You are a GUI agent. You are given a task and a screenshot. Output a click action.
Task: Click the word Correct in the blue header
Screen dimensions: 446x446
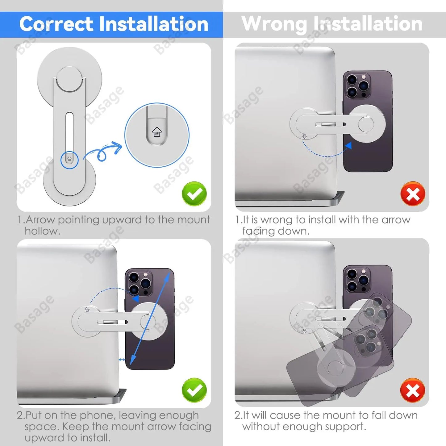tap(56, 24)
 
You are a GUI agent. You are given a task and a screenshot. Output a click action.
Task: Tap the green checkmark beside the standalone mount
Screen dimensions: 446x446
tap(194, 194)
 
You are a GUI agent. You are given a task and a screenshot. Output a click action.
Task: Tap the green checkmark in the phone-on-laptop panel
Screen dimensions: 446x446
tap(194, 390)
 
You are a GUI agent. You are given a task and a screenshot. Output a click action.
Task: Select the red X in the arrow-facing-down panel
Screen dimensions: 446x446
tap(413, 194)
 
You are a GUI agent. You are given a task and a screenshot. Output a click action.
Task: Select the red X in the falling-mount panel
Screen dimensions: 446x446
tap(413, 390)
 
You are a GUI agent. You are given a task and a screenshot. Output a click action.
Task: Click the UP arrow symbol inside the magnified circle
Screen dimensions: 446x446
tap(157, 132)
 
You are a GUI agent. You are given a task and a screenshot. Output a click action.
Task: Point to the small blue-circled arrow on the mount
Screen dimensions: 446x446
tap(69, 159)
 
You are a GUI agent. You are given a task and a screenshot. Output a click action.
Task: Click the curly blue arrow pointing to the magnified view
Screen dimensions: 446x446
tap(103, 151)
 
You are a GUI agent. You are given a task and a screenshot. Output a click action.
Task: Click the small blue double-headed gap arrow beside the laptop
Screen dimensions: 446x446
tap(122, 360)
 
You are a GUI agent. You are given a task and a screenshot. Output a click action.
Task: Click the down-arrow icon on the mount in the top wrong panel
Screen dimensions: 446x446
tap(305, 137)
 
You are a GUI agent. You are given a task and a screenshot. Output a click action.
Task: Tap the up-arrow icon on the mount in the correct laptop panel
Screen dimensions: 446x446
tap(87, 309)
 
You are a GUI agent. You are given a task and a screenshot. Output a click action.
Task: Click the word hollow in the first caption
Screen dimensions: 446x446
tap(42, 231)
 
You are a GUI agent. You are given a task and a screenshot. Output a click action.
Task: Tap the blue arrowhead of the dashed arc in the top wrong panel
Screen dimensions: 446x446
tap(348, 146)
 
